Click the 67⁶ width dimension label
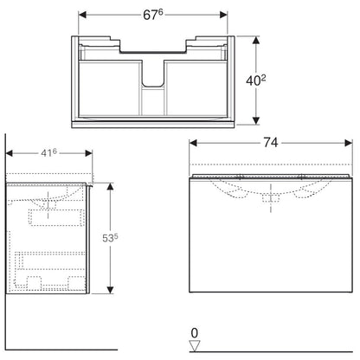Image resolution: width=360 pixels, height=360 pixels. click(x=153, y=15)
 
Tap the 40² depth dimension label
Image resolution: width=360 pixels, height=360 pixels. click(x=256, y=80)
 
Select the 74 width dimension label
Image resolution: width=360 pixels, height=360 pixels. click(x=271, y=143)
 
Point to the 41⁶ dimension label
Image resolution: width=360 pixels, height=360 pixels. click(x=48, y=153)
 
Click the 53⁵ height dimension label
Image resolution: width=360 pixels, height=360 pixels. click(x=110, y=238)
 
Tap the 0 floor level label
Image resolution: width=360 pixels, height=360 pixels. click(x=195, y=333)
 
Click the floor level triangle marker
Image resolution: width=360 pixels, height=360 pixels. click(x=195, y=346)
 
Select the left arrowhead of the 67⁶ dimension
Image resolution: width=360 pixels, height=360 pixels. click(x=82, y=15)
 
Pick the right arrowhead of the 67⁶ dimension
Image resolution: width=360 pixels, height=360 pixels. click(x=223, y=15)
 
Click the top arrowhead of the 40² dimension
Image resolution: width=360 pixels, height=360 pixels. click(x=256, y=40)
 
